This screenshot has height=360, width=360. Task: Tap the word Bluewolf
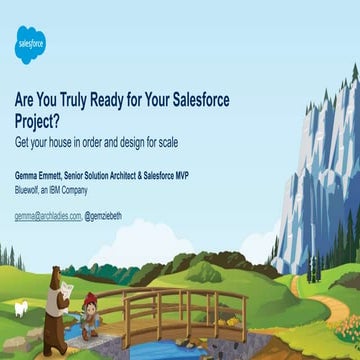point(30,188)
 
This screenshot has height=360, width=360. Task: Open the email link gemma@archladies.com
point(46,216)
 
